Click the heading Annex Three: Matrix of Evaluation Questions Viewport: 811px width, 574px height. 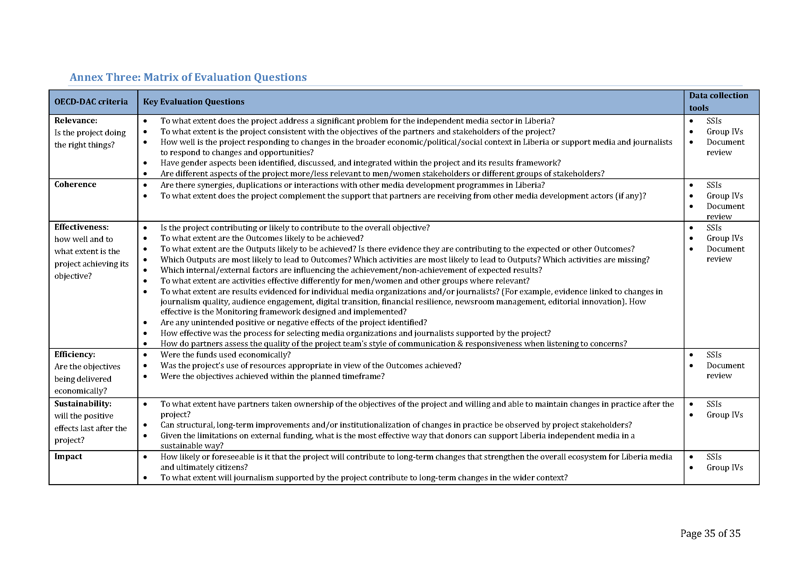pos(188,77)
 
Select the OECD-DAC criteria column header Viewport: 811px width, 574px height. pos(91,102)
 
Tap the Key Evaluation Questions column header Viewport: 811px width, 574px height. pos(193,102)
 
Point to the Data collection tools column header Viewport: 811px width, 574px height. pos(718,101)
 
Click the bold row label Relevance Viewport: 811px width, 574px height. pos(76,120)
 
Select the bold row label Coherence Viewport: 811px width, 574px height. pos(75,185)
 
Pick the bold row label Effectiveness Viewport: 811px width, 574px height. pos(81,227)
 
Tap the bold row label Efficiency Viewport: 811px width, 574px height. pos(75,355)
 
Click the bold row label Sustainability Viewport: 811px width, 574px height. pos(83,404)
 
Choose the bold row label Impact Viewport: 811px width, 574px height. pos(68,456)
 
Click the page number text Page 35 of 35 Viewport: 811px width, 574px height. pos(710,533)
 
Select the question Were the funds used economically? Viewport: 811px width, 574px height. pos(225,355)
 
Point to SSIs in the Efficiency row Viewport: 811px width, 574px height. pos(714,355)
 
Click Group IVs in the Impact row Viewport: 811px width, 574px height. pos(724,467)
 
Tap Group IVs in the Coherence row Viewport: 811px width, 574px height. pos(724,196)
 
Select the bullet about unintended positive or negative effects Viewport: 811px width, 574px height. pos(294,322)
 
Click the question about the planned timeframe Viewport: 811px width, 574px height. pos(272,376)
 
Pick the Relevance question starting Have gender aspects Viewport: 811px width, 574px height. pos(360,163)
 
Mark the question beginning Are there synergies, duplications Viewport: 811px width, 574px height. pos(352,185)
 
